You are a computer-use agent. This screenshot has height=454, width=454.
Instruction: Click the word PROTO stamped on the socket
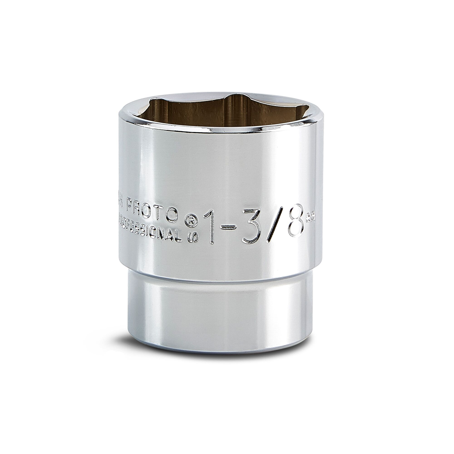click(x=153, y=211)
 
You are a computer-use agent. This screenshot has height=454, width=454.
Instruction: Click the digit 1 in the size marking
click(x=210, y=227)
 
